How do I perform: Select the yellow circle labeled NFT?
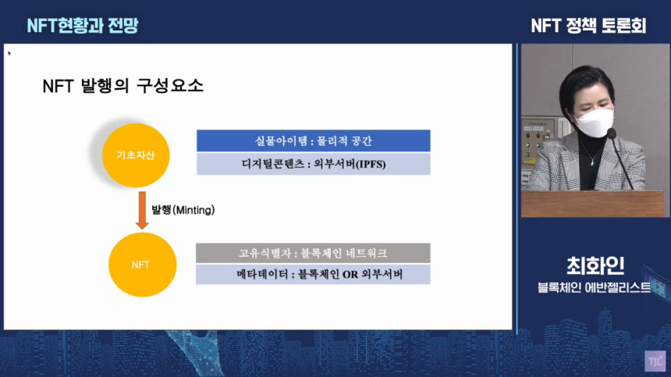pyautogui.click(x=141, y=265)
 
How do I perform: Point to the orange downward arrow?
pyautogui.click(x=142, y=211)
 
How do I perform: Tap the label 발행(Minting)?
pyautogui.click(x=183, y=210)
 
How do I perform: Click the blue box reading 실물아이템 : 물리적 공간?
pyautogui.click(x=313, y=140)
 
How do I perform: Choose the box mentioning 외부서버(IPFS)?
pyautogui.click(x=313, y=164)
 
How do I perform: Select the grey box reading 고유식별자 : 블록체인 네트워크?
pyautogui.click(x=313, y=253)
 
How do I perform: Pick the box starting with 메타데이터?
pyautogui.click(x=313, y=275)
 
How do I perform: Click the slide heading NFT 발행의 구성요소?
pyautogui.click(x=122, y=86)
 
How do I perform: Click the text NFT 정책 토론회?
pyautogui.click(x=588, y=25)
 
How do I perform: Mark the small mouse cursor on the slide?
pyautogui.click(x=9, y=54)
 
